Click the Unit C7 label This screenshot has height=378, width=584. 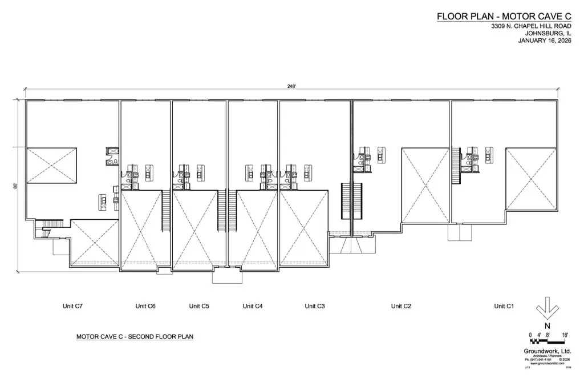[73, 306]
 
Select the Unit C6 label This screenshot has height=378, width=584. [145, 306]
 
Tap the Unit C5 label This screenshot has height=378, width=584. [199, 306]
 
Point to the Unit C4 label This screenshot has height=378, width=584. [253, 306]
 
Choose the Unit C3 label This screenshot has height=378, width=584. [315, 306]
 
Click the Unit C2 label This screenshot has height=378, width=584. [401, 306]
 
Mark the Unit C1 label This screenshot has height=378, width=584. [504, 306]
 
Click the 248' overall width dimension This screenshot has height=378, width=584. [291, 86]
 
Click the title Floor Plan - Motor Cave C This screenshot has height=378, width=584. [504, 17]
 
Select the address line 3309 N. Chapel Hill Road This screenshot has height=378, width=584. [532, 26]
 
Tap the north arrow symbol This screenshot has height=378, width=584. [547, 308]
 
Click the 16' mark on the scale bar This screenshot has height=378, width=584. [566, 335]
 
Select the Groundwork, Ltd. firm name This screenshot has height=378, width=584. [547, 351]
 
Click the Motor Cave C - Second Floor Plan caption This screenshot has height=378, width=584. [135, 337]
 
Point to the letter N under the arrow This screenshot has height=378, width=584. [547, 325]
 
